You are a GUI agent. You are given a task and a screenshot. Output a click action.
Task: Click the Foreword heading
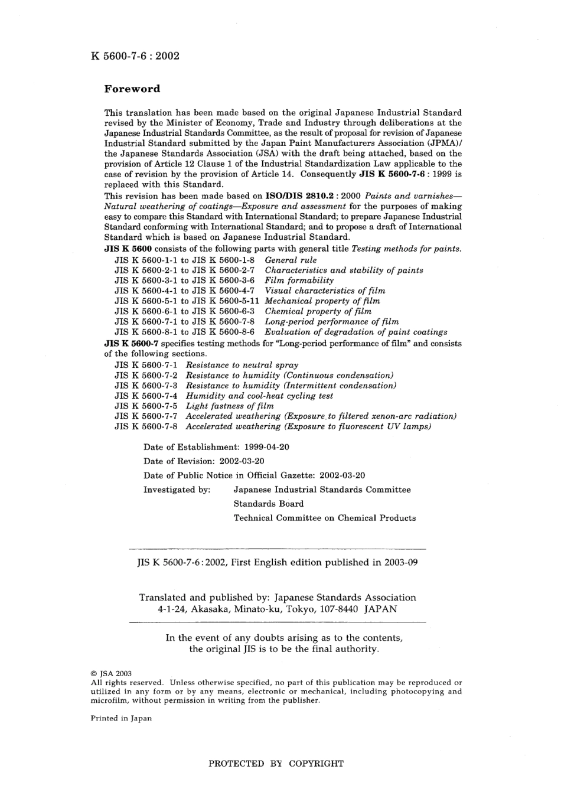[132, 89]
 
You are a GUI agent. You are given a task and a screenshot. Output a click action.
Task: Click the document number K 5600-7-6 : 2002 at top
[135, 57]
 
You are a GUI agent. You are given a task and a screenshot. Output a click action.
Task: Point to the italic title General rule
[291, 260]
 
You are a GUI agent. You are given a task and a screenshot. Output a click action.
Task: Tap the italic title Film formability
[299, 281]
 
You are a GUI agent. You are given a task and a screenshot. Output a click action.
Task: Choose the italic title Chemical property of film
[318, 311]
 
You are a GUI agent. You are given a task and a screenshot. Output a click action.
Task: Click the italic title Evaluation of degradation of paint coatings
[355, 332]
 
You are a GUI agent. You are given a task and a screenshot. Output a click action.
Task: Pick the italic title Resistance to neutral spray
[242, 365]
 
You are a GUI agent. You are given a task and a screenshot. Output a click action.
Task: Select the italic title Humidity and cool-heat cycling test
[259, 396]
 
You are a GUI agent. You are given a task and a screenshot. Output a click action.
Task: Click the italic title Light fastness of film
[230, 406]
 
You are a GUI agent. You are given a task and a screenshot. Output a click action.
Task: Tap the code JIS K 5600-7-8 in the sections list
[146, 426]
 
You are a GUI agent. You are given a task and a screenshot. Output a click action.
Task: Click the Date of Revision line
[204, 461]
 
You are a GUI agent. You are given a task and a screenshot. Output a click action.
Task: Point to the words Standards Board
[269, 504]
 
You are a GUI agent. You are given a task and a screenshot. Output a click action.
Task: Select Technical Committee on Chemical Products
[324, 518]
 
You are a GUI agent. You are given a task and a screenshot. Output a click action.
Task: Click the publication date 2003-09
[401, 563]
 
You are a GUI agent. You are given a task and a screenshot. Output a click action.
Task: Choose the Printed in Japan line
[121, 719]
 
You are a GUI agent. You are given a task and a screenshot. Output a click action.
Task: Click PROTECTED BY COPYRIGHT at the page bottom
[276, 764]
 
